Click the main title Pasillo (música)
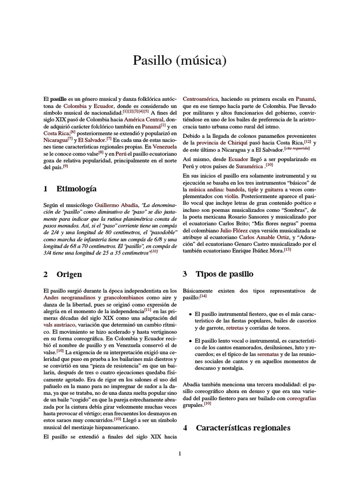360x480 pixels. coord(180,60)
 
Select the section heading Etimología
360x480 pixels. coord(76,189)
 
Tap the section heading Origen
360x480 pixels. coord(69,274)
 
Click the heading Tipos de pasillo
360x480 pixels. coord(225,274)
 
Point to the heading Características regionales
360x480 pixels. coord(243,427)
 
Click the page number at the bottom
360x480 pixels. coord(180,453)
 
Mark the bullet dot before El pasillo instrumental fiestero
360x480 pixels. coord(189,314)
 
